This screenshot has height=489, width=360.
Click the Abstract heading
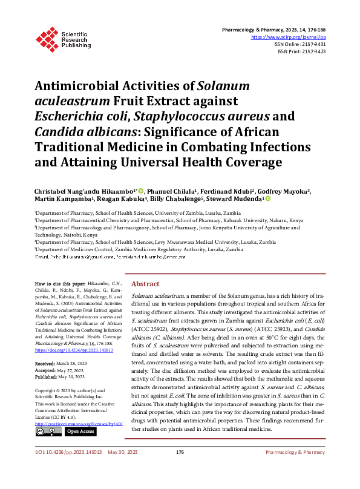145,284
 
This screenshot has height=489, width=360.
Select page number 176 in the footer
180,469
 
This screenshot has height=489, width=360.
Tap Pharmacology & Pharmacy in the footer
295,469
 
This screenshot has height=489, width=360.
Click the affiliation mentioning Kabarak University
169,221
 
